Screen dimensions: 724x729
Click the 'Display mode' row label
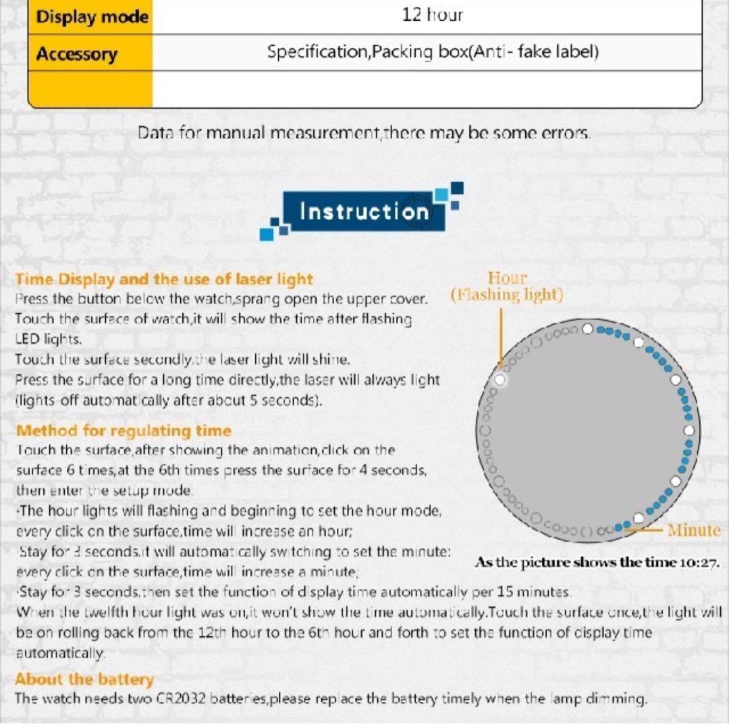coord(92,17)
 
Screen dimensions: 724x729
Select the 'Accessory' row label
coord(76,54)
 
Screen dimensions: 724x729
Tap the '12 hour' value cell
coord(432,15)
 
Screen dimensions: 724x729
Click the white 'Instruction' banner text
coord(364,211)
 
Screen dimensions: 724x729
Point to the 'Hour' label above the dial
coord(507,278)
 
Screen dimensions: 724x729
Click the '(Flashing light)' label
coord(507,295)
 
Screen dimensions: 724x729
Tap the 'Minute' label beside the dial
coord(694,530)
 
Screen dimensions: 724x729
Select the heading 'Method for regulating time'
coord(124,431)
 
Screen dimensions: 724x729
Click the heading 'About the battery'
coord(84,679)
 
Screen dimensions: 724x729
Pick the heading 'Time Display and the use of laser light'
coord(164,279)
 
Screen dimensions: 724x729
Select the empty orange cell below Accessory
coord(90,88)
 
